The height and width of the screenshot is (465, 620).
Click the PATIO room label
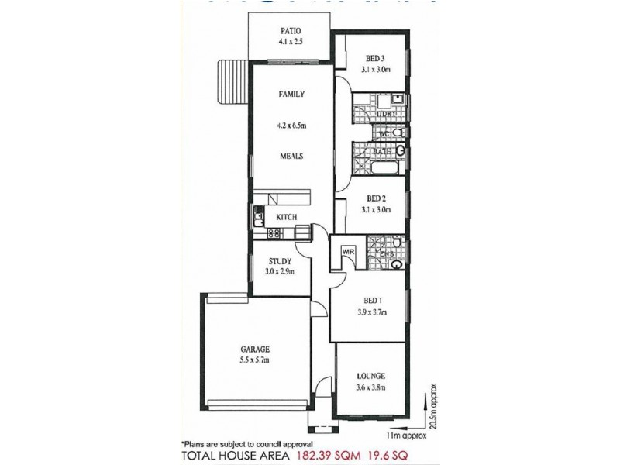point(291,32)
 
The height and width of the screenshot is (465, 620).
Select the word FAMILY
point(291,94)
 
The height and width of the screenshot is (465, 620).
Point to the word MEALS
point(291,156)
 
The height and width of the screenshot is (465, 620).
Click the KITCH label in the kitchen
point(288,217)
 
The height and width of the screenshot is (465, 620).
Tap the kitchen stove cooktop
point(274,232)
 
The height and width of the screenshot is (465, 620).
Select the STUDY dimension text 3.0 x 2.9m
point(280,272)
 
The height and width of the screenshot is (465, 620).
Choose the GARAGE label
point(232,350)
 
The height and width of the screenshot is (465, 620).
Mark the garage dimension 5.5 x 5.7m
point(232,360)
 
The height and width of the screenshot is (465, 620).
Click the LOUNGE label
point(372,376)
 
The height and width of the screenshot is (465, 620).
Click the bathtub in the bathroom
point(384,167)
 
